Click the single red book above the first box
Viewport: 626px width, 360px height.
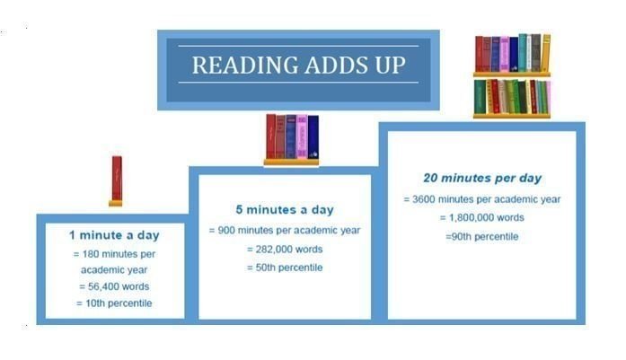[117, 179]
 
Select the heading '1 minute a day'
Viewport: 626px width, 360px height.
[114, 235]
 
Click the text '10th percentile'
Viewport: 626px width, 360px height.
[119, 303]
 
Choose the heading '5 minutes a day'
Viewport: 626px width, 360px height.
[285, 209]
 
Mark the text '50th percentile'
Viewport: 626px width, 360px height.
[288, 268]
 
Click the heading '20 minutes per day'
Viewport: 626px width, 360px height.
[482, 178]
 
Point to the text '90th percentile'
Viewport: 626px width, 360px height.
[485, 237]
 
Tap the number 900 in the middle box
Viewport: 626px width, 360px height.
[226, 231]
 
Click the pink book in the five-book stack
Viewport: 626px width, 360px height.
[302, 136]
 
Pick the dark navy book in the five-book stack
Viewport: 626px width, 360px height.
[313, 136]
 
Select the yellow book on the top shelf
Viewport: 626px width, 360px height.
[545, 53]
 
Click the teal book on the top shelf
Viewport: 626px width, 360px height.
[523, 53]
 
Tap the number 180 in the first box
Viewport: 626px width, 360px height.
[91, 254]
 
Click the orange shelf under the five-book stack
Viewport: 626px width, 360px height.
[291, 162]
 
